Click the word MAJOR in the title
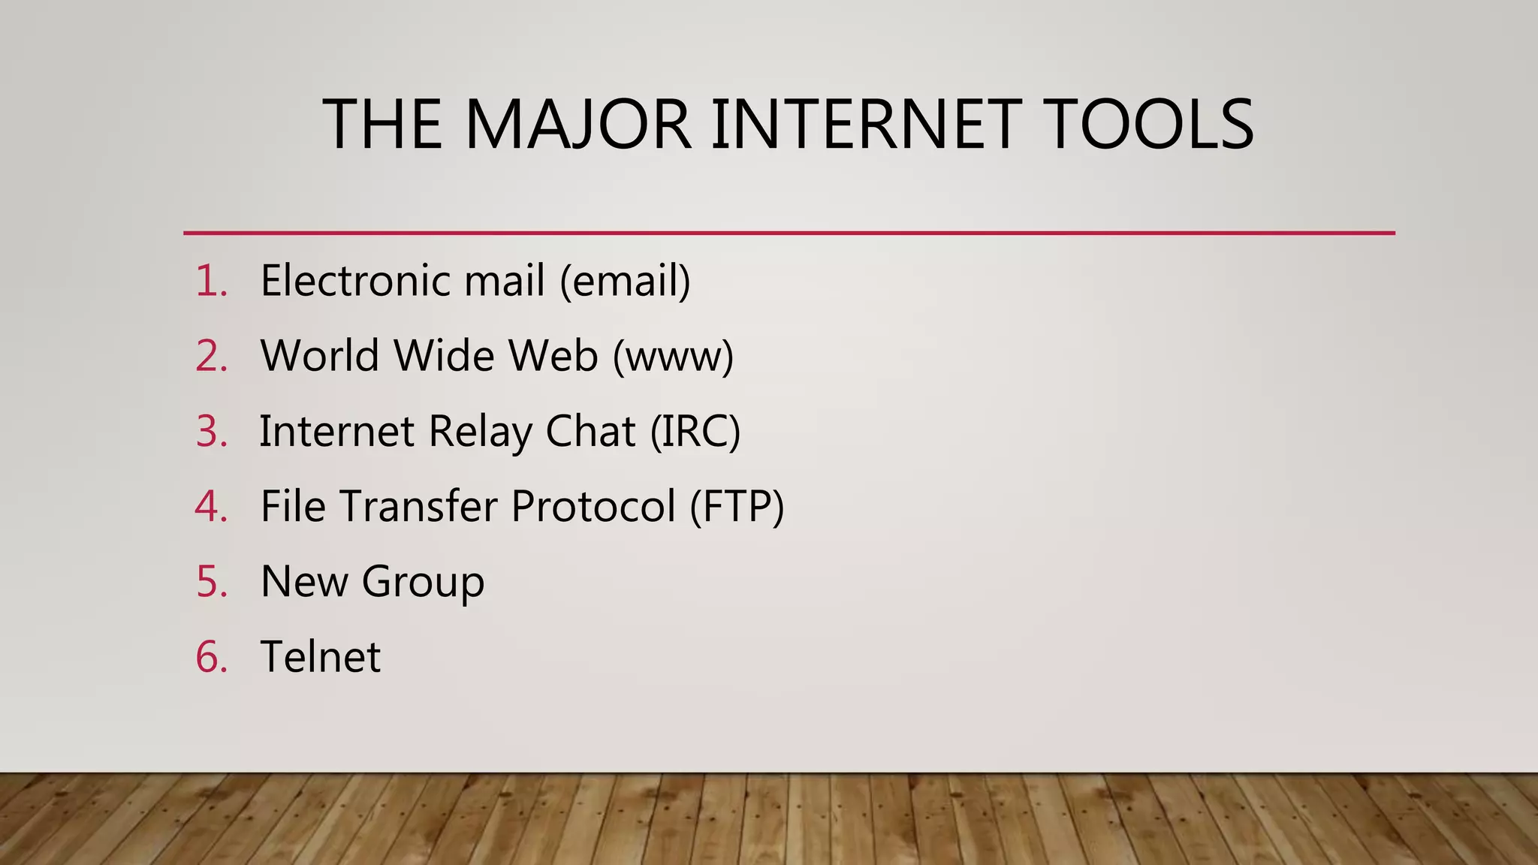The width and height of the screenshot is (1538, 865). click(x=577, y=124)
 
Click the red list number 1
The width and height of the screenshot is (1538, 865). click(x=210, y=281)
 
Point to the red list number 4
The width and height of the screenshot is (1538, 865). click(x=210, y=506)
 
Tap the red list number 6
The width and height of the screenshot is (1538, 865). click(x=210, y=656)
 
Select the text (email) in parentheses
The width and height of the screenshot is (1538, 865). click(x=625, y=281)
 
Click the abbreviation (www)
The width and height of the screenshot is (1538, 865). click(x=673, y=356)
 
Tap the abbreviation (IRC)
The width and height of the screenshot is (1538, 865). click(x=695, y=432)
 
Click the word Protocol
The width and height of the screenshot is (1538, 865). click(x=593, y=506)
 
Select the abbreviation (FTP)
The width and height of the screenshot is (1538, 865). click(x=737, y=506)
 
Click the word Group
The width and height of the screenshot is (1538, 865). click(x=423, y=583)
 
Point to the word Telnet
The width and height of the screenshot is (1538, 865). click(x=321, y=656)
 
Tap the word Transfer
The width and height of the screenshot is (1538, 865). click(x=418, y=506)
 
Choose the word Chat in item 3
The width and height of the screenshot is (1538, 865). click(x=590, y=432)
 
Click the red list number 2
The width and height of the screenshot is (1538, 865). click(x=210, y=356)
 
